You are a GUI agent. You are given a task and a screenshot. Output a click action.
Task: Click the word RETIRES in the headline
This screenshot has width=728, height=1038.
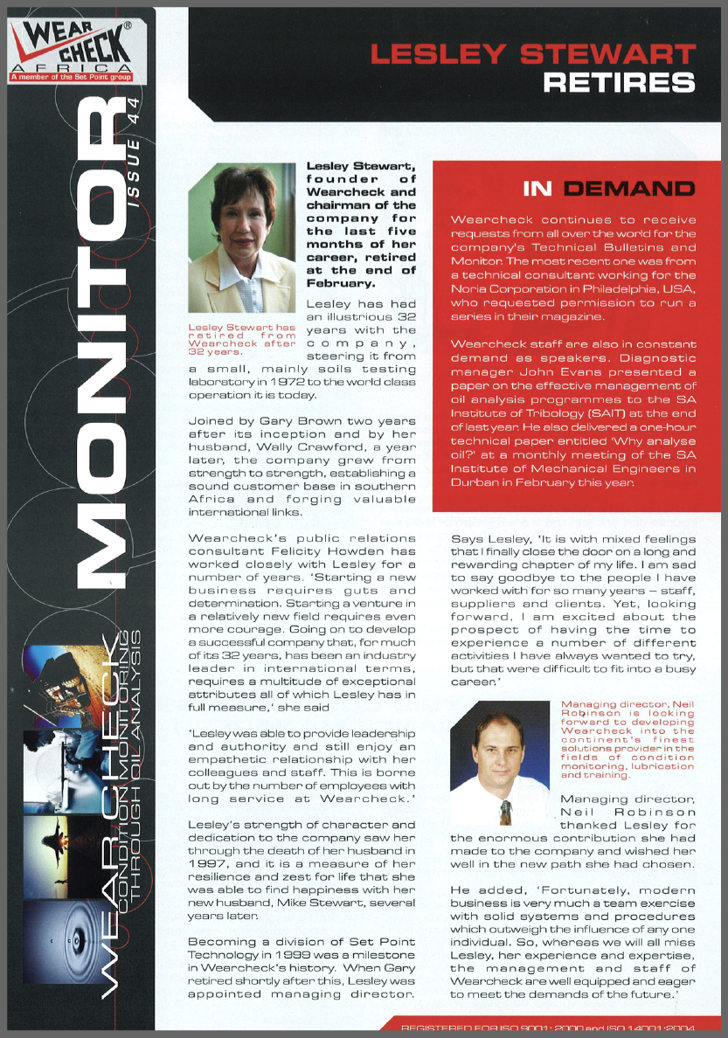click(619, 83)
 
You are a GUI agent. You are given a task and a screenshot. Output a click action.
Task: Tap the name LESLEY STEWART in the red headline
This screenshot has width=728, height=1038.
click(533, 54)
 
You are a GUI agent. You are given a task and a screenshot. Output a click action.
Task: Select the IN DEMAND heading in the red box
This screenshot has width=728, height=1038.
click(608, 189)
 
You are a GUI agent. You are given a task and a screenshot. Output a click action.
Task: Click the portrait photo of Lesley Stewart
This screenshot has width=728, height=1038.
click(242, 238)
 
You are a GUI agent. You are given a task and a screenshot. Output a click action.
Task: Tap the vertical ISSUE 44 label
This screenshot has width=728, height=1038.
click(134, 156)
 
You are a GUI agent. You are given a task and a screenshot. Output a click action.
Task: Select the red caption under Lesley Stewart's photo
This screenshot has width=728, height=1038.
click(242, 340)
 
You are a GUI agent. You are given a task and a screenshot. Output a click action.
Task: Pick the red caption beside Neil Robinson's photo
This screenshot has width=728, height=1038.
click(627, 739)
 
